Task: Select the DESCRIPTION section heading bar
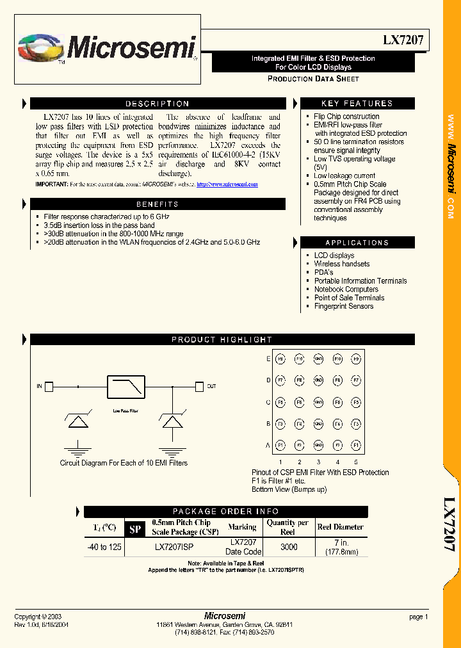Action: click(158, 104)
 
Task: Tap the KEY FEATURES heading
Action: click(357, 104)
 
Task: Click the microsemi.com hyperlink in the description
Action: click(227, 184)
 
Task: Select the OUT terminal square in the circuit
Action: click(198, 386)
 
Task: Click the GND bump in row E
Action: click(318, 359)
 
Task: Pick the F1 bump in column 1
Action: click(280, 446)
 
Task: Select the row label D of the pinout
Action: click(269, 381)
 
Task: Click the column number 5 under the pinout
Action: click(356, 462)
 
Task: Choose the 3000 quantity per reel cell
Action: click(289, 547)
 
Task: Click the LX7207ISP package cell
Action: click(174, 547)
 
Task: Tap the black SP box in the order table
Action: click(135, 529)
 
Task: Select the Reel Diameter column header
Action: click(340, 527)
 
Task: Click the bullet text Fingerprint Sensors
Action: click(343, 306)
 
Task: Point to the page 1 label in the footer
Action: click(418, 617)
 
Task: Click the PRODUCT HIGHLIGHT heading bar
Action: click(222, 339)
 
